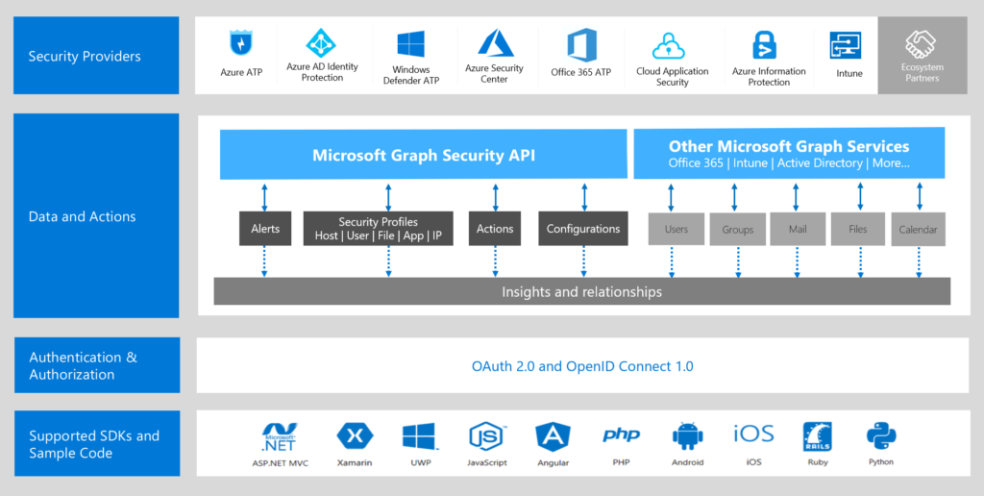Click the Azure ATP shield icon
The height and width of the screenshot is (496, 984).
tap(239, 44)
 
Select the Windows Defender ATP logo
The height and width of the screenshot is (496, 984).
tap(411, 44)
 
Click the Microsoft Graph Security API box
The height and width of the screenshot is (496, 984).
tap(423, 155)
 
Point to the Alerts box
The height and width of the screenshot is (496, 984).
tap(265, 229)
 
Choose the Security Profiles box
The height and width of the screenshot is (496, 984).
tap(378, 229)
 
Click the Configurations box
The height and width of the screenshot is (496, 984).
tap(583, 229)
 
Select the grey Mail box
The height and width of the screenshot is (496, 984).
tap(797, 230)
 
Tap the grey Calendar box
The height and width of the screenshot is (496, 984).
tap(919, 230)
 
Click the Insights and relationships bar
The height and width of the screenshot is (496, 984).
tap(581, 291)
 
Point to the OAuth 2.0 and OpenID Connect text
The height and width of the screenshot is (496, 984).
tap(581, 366)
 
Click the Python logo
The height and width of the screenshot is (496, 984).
tap(880, 437)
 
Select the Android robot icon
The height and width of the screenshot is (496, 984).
tap(687, 436)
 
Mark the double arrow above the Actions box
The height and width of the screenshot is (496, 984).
tap(496, 196)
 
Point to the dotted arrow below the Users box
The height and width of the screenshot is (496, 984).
tap(676, 260)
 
